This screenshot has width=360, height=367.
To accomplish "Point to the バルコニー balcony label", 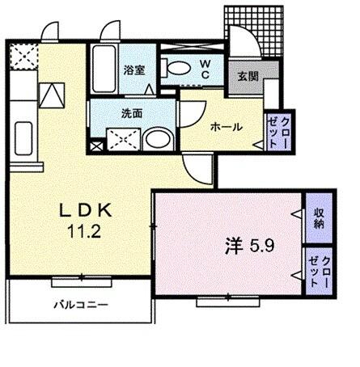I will [82, 305].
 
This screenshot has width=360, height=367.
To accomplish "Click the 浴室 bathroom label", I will [133, 70].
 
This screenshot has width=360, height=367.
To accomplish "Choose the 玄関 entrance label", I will [247, 78].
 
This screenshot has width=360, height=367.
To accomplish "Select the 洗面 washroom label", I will [133, 113].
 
